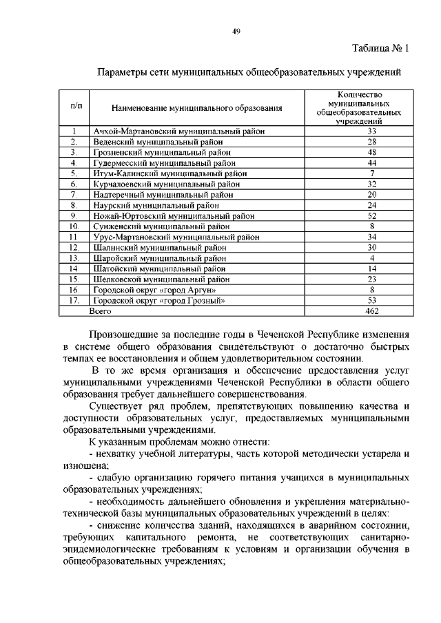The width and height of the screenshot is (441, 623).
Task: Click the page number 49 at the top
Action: click(x=235, y=31)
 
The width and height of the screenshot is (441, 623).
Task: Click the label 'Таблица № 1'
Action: click(x=380, y=49)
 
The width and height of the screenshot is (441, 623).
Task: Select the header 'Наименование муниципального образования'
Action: click(x=197, y=108)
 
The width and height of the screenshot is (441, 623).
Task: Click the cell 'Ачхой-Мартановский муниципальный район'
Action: click(x=179, y=131)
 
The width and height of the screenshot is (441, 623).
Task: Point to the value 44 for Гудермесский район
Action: click(x=371, y=162)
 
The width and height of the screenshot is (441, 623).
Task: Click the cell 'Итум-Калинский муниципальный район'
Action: click(x=170, y=173)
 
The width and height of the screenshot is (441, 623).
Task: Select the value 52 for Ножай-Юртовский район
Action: click(x=371, y=215)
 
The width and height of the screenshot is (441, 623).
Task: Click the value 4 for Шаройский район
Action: click(x=371, y=258)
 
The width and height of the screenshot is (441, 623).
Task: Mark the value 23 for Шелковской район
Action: click(x=371, y=279)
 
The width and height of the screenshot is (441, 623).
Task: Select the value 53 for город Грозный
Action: click(x=371, y=301)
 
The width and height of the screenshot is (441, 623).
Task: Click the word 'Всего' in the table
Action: click(x=100, y=311)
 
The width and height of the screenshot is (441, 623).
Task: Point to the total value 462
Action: click(x=371, y=311)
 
